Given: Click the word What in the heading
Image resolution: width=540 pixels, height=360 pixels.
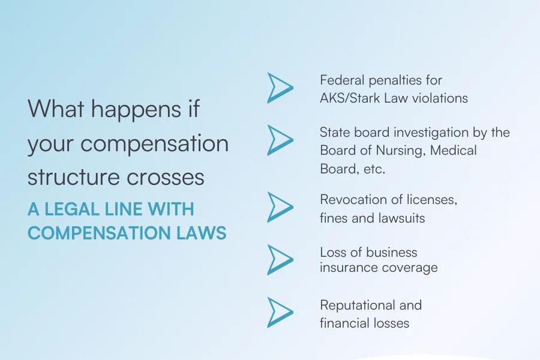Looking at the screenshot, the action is click(56, 109).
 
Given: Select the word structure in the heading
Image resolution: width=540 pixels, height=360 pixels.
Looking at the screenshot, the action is click(73, 177).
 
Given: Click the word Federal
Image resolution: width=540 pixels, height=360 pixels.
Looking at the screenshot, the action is click(341, 80).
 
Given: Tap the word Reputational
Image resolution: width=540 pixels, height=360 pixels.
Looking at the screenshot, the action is click(357, 305).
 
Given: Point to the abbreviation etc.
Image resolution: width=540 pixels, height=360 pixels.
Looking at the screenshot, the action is click(374, 169).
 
